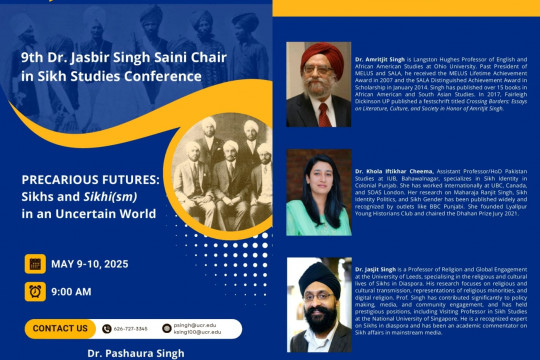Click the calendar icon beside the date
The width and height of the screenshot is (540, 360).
35,264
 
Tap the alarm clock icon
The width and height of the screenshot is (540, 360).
35,291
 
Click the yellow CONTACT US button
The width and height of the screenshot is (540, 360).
60,327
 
